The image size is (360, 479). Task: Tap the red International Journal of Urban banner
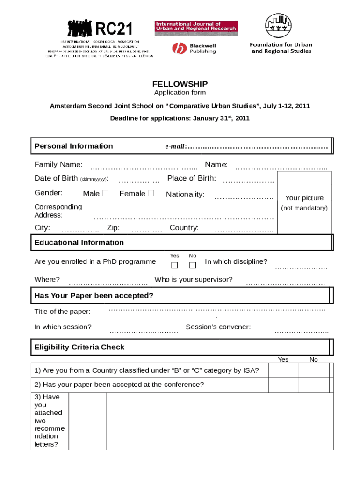coord(196,28)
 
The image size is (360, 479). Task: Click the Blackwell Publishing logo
coord(194,48)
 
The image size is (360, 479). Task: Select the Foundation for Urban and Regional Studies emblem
coord(281,26)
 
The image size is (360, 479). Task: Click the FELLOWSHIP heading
coord(180,84)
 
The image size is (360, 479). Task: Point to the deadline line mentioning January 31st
coord(180,118)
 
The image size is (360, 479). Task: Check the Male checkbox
coord(105,193)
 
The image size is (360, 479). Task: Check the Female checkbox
coord(151,193)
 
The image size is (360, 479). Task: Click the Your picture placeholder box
coord(304,202)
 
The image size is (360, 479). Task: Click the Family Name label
coord(58,164)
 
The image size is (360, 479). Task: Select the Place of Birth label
coord(192,178)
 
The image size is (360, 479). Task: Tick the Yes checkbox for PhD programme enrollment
coord(174,266)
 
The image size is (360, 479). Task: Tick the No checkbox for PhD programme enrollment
coord(193,266)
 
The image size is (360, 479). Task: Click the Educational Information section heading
coord(79,242)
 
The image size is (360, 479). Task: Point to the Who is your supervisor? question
coord(194,280)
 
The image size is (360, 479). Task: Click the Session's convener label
coord(218,327)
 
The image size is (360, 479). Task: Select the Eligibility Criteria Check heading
coord(79,347)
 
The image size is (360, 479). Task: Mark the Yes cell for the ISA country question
coord(283,371)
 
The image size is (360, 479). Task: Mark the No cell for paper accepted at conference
coord(313,385)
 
